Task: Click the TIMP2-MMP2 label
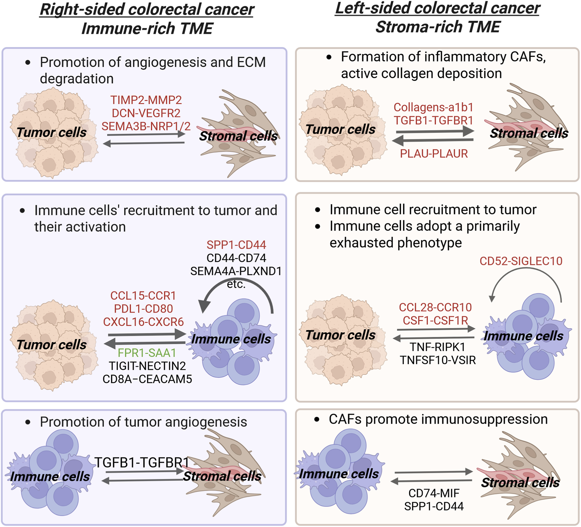(x=146, y=100)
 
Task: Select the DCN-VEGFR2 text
(x=146, y=113)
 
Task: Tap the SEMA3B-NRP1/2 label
(x=146, y=126)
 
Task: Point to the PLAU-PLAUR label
(x=434, y=154)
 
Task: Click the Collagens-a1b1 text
(x=434, y=107)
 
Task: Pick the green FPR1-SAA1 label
(x=147, y=353)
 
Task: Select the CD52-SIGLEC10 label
(x=521, y=261)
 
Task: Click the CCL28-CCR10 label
(x=435, y=307)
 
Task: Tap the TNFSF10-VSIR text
(x=438, y=360)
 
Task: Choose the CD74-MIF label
(x=434, y=493)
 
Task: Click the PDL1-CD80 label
(x=143, y=309)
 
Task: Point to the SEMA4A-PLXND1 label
(x=236, y=271)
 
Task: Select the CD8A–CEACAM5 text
(x=147, y=379)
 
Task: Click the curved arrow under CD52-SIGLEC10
(x=526, y=272)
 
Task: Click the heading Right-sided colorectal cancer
(x=147, y=10)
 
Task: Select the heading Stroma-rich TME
(x=438, y=27)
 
